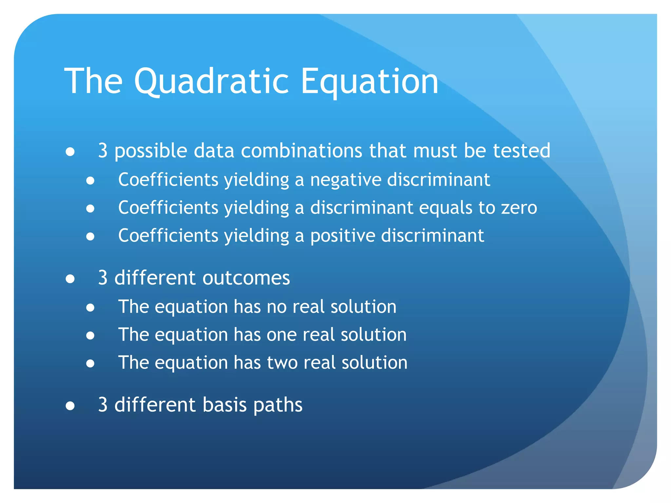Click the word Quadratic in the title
click(211, 81)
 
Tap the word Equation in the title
click(369, 81)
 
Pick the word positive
click(342, 236)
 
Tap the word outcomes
click(246, 278)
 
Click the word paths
click(278, 405)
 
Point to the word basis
click(224, 405)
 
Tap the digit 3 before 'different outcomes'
click(103, 278)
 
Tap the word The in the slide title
click(93, 81)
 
